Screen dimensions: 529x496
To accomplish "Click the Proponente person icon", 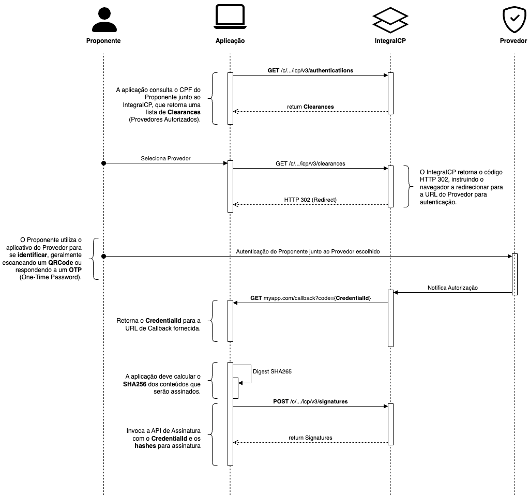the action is coord(104,20).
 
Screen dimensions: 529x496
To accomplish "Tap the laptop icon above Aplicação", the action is coord(230,17).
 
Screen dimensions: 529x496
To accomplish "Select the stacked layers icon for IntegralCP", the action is coord(390,20).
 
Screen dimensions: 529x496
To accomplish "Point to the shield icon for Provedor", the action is coord(515,20).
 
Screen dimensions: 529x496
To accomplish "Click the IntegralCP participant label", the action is coord(390,41).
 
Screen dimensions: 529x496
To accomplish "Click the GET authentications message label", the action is coord(310,70).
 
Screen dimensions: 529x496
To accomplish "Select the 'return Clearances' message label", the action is coord(310,107).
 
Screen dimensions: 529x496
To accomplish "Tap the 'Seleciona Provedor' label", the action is coord(165,158).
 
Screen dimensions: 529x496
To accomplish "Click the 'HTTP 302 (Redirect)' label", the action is coord(310,200).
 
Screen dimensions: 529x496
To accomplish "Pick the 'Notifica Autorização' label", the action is coord(453,288).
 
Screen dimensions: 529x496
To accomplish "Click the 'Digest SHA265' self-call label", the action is coord(273,371).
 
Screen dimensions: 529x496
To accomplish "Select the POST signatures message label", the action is coord(310,401).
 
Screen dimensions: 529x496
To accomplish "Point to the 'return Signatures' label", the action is coord(310,438).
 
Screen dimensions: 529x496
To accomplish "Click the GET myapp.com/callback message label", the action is coord(310,298).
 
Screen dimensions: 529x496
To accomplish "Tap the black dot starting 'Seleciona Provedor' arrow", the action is coord(104,163).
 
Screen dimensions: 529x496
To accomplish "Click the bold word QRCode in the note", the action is coord(61,263).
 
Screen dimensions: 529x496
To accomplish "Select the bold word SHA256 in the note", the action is coord(134,384).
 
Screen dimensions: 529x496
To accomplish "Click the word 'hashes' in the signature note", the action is coord(145,446).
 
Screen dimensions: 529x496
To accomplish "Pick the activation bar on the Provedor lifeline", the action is coord(515,274).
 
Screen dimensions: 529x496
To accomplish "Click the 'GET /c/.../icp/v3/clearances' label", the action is coord(310,163).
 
